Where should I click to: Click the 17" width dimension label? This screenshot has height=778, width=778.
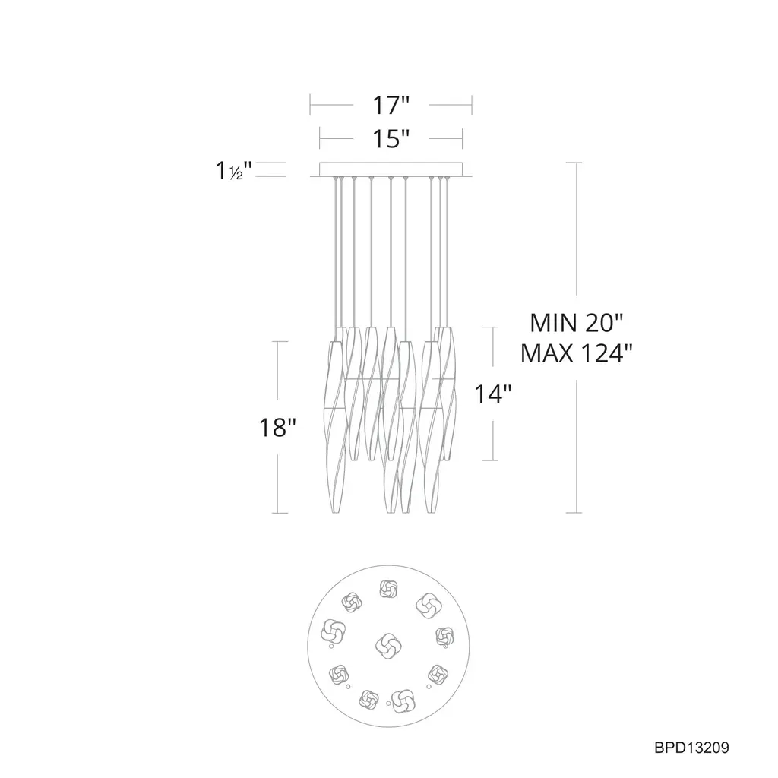pyautogui.click(x=391, y=105)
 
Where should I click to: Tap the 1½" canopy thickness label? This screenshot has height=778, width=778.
pyautogui.click(x=234, y=171)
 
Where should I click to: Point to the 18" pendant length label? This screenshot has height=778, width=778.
pyautogui.click(x=277, y=427)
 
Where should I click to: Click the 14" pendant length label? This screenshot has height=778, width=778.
pyautogui.click(x=492, y=394)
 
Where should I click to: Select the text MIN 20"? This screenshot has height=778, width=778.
pyautogui.click(x=576, y=323)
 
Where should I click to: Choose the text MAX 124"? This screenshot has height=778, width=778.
pyautogui.click(x=577, y=354)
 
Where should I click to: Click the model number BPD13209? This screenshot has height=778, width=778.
pyautogui.click(x=691, y=748)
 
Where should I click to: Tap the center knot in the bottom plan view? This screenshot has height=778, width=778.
pyautogui.click(x=388, y=647)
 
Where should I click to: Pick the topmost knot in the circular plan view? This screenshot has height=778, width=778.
pyautogui.click(x=387, y=589)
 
